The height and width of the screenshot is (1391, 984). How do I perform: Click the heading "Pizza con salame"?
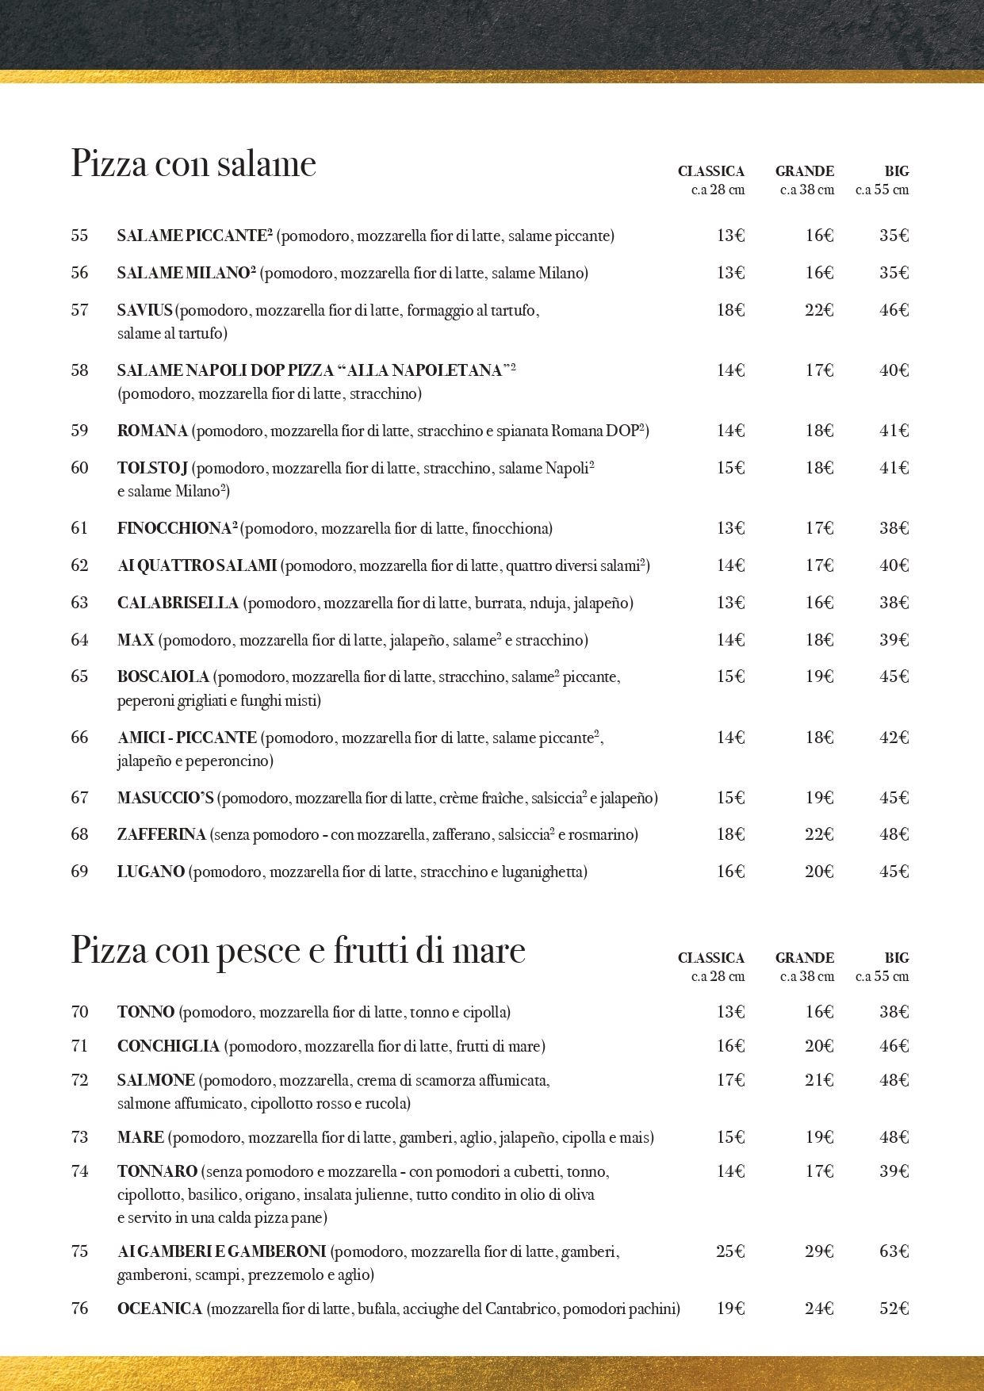pyautogui.click(x=193, y=164)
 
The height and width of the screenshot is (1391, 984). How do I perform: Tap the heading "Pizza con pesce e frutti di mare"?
pyautogui.click(x=298, y=950)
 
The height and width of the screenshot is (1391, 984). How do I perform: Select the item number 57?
pyautogui.click(x=79, y=310)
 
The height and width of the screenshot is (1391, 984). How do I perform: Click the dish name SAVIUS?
pyautogui.click(x=144, y=310)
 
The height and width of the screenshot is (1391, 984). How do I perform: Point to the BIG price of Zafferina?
pyautogui.click(x=894, y=834)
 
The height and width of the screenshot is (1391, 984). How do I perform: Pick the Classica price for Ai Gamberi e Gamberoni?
pyautogui.click(x=730, y=1251)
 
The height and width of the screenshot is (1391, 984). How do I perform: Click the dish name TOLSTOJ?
pyautogui.click(x=152, y=468)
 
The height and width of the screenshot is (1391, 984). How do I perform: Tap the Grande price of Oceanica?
pyautogui.click(x=819, y=1309)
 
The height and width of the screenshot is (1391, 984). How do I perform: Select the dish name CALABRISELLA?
pyautogui.click(x=178, y=603)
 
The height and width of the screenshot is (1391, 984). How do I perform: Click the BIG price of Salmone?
pyautogui.click(x=894, y=1080)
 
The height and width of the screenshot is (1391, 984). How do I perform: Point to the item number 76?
pyautogui.click(x=79, y=1309)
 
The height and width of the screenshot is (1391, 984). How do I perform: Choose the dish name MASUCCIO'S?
pyautogui.click(x=165, y=798)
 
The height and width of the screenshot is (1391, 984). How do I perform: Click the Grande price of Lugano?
pyautogui.click(x=819, y=872)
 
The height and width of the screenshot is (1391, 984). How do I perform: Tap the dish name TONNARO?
pyautogui.click(x=157, y=1171)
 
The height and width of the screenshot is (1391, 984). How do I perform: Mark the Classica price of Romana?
pyautogui.click(x=730, y=431)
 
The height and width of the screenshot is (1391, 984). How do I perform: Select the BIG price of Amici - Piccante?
pyautogui.click(x=894, y=738)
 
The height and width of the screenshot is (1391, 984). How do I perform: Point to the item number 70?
pyautogui.click(x=79, y=1012)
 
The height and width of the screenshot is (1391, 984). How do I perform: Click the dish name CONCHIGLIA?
pyautogui.click(x=168, y=1046)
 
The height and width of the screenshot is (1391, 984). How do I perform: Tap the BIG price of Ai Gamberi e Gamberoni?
pyautogui.click(x=894, y=1251)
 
